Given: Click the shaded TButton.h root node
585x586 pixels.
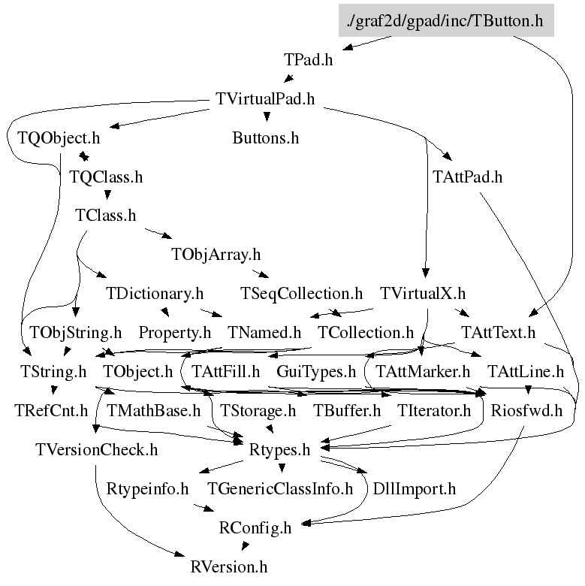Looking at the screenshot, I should (x=445, y=20).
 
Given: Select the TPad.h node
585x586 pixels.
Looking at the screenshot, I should (x=308, y=59).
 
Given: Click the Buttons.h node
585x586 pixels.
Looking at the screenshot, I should (x=265, y=138).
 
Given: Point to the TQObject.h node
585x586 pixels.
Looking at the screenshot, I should (x=58, y=138).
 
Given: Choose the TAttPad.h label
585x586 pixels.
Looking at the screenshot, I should (x=467, y=177).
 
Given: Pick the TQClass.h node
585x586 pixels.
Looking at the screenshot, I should (x=105, y=177).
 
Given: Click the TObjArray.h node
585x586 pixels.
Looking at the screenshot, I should (x=216, y=255).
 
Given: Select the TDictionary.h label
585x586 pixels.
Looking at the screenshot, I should (x=155, y=292).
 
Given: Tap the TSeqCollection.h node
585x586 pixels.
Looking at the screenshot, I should (x=301, y=292).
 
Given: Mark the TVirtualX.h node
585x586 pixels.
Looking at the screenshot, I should (x=423, y=292).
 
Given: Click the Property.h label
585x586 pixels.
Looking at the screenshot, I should (x=174, y=331).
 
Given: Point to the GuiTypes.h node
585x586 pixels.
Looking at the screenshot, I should (x=316, y=371).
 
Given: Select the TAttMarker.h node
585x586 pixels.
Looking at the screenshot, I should (x=423, y=371).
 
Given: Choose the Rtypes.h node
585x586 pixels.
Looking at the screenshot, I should (x=279, y=449).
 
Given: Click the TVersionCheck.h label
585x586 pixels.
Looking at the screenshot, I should (x=96, y=449).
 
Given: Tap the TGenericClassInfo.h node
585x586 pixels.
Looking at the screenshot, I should (x=280, y=488).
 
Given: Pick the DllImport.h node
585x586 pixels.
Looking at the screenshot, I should (x=415, y=488).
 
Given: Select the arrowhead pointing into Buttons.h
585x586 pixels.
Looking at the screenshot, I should (x=266, y=119).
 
